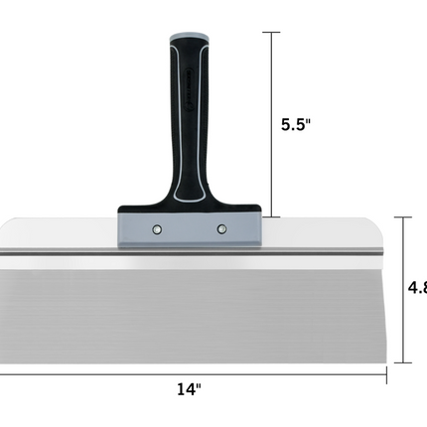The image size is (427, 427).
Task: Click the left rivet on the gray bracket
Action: [157, 229]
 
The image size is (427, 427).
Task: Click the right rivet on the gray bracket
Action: [221, 229]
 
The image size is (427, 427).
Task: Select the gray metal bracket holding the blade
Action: [189, 229]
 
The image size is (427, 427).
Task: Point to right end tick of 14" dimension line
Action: [385, 375]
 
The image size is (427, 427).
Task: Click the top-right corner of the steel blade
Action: [382, 220]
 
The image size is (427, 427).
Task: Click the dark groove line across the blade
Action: [189, 256]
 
